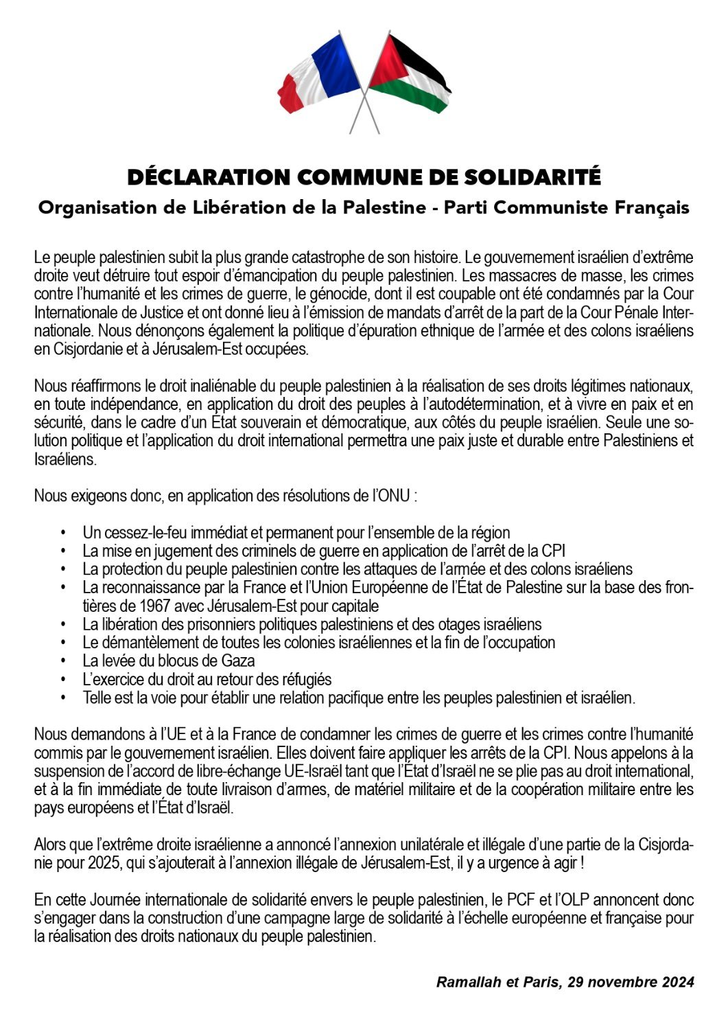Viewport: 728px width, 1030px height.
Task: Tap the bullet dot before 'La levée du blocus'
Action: click(x=62, y=661)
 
